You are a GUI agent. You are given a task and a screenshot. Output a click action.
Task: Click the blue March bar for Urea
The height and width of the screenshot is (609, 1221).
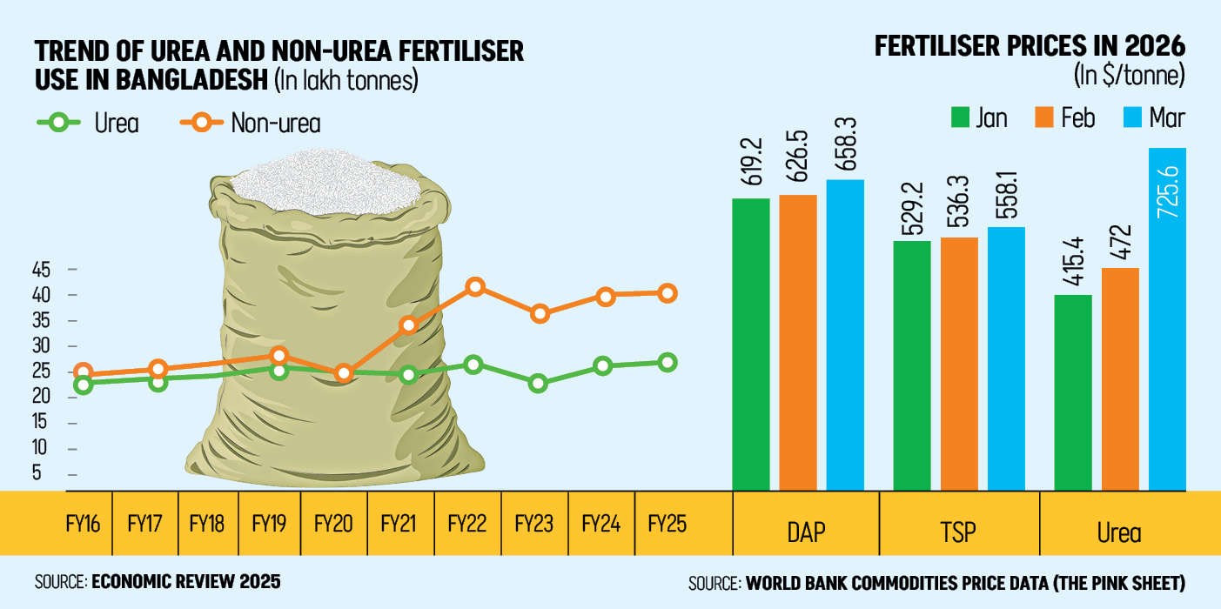[1167, 319]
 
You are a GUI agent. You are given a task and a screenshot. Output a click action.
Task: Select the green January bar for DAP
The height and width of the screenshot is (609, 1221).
[750, 345]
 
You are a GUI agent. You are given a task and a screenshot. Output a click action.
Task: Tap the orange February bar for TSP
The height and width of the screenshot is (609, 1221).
[959, 364]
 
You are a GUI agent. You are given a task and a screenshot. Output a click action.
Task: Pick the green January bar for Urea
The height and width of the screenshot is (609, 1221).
[1073, 392]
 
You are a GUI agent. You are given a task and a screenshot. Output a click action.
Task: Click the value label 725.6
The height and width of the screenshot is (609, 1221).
[1168, 192]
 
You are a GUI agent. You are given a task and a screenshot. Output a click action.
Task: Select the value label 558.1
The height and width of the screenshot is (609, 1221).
[1006, 195]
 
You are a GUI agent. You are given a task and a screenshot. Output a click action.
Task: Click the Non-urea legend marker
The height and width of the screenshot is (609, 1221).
[202, 122]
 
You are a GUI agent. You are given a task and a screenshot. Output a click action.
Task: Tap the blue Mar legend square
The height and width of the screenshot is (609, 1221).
[1133, 117]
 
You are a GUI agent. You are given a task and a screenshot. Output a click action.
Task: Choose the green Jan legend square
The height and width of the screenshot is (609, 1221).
[960, 117]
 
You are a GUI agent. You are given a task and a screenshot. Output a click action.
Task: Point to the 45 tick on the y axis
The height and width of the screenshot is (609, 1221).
[41, 269]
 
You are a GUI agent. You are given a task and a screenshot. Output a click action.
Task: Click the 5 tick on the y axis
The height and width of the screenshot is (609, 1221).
[37, 472]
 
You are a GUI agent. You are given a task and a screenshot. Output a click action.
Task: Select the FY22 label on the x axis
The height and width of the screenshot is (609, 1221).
[466, 524]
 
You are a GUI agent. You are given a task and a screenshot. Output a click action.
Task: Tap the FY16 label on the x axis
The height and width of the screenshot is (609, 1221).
[83, 524]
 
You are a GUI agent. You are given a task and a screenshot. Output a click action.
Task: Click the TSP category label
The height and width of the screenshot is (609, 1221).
[957, 532]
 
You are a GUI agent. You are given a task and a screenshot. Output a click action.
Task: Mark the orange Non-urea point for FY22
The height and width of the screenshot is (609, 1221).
[475, 286]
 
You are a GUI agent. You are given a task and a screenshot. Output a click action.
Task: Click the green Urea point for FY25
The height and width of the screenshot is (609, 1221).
[668, 362]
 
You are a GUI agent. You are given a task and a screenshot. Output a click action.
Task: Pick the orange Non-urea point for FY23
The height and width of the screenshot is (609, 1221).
[540, 314]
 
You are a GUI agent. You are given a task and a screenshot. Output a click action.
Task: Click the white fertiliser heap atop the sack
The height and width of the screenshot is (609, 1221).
[326, 181]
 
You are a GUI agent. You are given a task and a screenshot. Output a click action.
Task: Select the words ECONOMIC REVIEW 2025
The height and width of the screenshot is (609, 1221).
[186, 582]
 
